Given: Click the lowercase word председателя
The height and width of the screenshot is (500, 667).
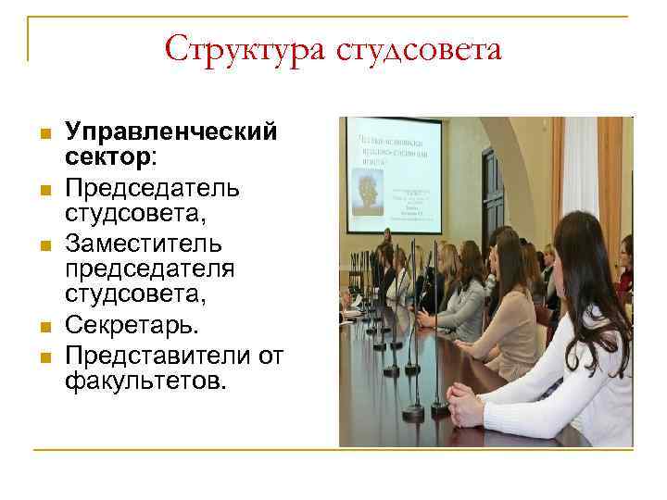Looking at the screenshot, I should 149,268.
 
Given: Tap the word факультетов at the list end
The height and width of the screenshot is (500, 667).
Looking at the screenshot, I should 144,380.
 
